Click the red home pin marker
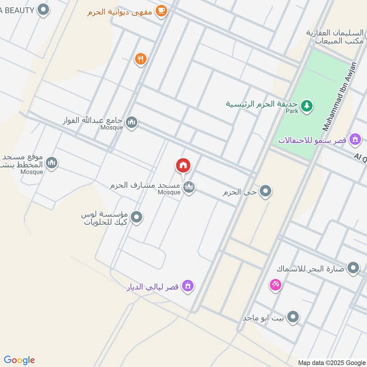pos(183,166)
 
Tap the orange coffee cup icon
pos(161,11)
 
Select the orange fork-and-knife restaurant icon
pos(140,59)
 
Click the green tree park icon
pos(307,106)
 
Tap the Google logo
pos(19,360)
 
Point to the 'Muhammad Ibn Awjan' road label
pos(339,96)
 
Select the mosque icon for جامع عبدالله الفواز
pos(132,122)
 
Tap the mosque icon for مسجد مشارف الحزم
pos(189,187)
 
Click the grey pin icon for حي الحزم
pos(265,192)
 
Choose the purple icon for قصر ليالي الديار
pos(187,286)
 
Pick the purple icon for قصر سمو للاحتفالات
pos(355,139)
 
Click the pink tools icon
pos(275,285)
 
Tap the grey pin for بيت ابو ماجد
pos(294,317)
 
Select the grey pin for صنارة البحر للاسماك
pos(353,268)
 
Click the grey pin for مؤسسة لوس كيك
pos(136,217)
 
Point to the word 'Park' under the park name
pos(292,111)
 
